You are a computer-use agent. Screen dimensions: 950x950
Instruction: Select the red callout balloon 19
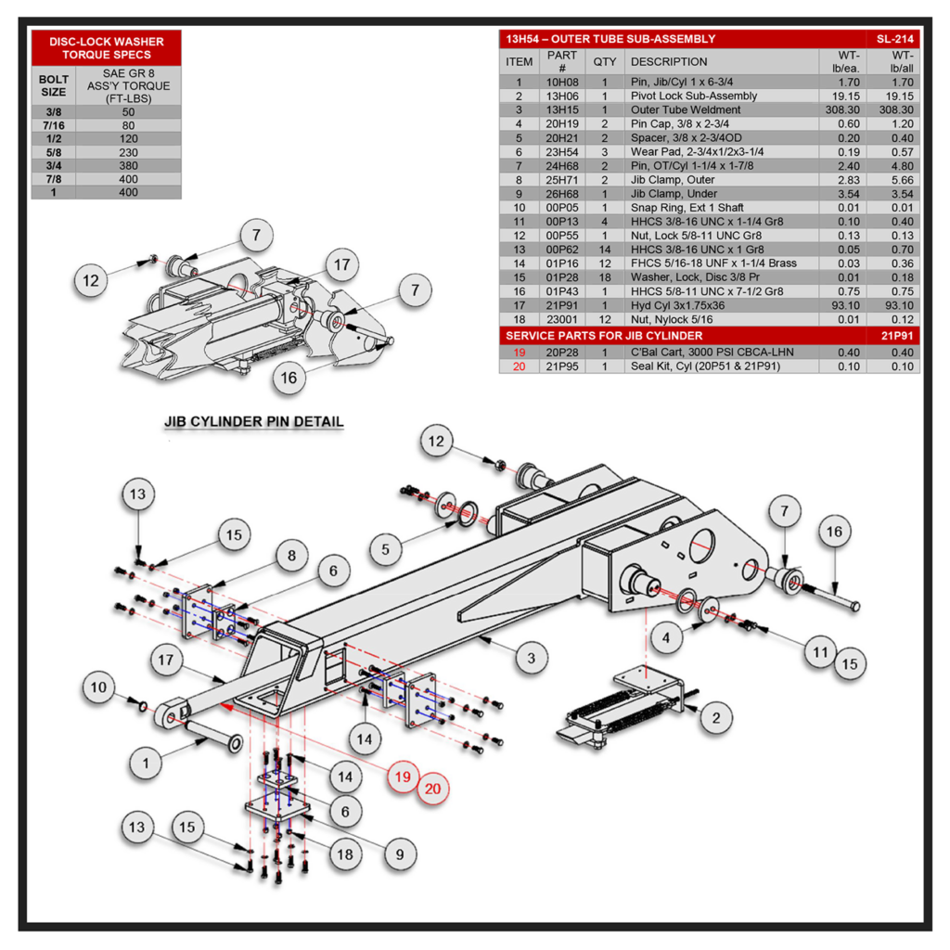401,777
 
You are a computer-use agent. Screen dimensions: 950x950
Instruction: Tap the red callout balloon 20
432,790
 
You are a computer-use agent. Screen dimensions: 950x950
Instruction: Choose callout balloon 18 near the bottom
344,854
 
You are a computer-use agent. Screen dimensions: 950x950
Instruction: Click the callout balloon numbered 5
386,548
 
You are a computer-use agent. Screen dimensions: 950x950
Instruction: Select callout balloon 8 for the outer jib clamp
291,557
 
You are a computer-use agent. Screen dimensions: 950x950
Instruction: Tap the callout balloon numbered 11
819,652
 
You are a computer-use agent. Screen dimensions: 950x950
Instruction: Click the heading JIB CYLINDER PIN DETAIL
254,421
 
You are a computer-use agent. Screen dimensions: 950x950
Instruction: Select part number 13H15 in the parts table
562,109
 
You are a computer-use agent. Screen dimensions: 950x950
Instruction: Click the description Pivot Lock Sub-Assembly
694,96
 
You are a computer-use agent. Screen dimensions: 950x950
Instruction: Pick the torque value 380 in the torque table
128,165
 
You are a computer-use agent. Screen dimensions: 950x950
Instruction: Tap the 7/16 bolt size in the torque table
54,125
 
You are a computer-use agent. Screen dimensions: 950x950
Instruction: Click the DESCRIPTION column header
668,61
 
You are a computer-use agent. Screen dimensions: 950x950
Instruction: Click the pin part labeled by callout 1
213,739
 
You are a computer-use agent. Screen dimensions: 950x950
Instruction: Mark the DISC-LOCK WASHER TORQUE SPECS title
106,48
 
